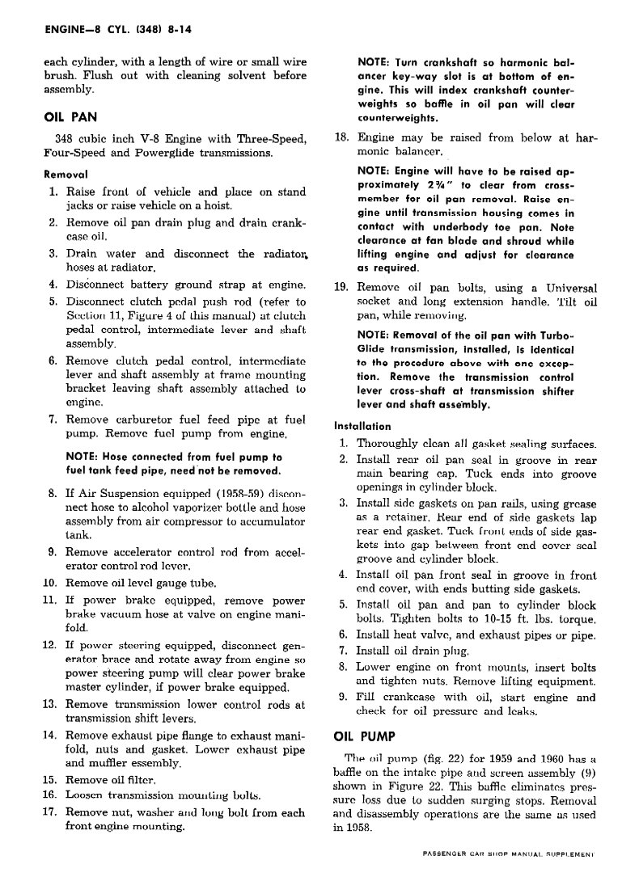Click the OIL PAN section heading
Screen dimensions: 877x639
pyautogui.click(x=70, y=116)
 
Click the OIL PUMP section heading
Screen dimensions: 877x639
pyautogui.click(x=365, y=736)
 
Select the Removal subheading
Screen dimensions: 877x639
pyautogui.click(x=66, y=174)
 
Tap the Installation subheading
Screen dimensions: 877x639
pyautogui.click(x=362, y=426)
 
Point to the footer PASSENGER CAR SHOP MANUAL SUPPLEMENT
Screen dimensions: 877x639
pyautogui.click(x=508, y=854)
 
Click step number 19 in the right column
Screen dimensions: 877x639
pyautogui.click(x=341, y=287)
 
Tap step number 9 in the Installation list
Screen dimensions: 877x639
pyautogui.click(x=343, y=697)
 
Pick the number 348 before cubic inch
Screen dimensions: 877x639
pyautogui.click(x=66, y=137)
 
